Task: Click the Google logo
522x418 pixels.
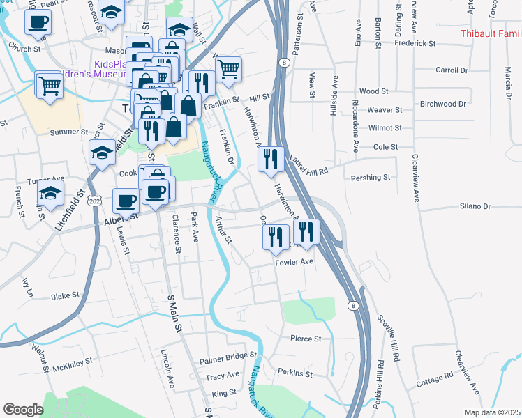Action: tap(23, 410)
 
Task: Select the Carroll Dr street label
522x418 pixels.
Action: tap(452, 70)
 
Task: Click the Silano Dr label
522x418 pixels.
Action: tap(475, 206)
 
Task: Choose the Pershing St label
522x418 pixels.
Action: tap(371, 178)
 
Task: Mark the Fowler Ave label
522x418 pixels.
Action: tap(294, 263)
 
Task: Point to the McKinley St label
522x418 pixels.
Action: tap(73, 364)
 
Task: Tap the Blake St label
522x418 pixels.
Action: tap(66, 296)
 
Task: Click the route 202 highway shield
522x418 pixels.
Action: tap(94, 201)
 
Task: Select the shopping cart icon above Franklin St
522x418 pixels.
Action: tap(228, 69)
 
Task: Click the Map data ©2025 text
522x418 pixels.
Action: tap(492, 412)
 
